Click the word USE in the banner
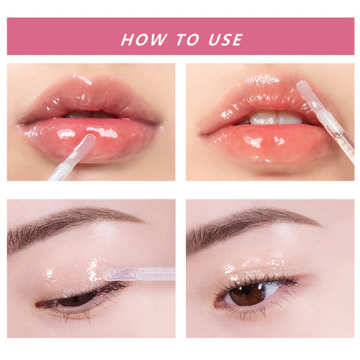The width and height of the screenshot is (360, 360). (x=226, y=40)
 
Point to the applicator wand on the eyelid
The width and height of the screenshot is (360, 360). (x=139, y=274)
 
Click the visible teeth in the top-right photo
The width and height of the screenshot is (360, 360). (x=274, y=118)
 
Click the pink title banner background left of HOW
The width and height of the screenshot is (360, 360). (x=60, y=37)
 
